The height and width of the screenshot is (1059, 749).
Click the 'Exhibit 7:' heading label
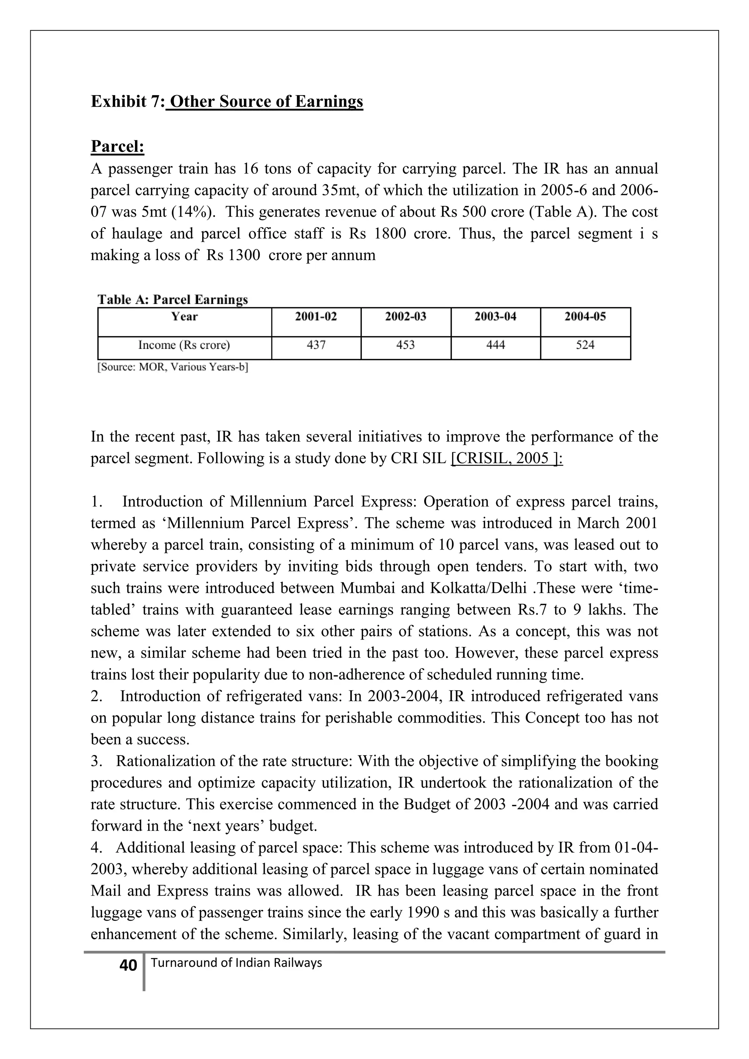tap(127, 101)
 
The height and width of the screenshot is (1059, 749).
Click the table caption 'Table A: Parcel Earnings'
tap(173, 300)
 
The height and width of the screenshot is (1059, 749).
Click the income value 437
tap(316, 345)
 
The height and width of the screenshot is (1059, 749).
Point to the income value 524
tap(585, 345)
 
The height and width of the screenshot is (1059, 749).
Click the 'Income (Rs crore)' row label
tap(184, 345)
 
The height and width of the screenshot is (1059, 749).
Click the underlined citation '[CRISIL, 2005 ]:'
tap(507, 459)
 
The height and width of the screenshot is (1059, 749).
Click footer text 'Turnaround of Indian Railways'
tap(236, 963)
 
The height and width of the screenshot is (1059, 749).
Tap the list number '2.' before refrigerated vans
tap(97, 697)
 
